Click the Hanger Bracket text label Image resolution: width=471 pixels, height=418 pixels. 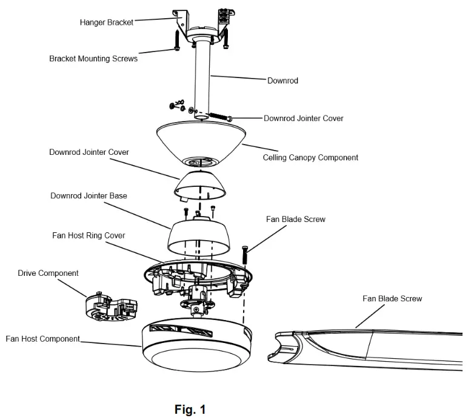[x=106, y=22]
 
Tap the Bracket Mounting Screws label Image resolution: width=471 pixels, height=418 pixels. [x=93, y=59]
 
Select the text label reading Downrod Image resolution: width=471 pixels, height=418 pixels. [x=282, y=80]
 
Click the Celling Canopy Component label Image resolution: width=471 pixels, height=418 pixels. [x=310, y=157]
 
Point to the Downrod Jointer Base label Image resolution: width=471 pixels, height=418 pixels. [x=89, y=195]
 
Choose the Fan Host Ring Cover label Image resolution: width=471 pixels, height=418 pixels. [x=89, y=235]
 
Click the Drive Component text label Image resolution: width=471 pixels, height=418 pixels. [x=48, y=273]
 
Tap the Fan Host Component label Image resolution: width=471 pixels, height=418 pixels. [x=42, y=339]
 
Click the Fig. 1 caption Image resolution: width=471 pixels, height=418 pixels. [x=190, y=410]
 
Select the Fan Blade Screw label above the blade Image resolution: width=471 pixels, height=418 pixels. [x=392, y=298]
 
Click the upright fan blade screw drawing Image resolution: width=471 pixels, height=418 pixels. [x=245, y=253]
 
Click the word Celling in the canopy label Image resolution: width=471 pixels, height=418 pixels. [x=276, y=157]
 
